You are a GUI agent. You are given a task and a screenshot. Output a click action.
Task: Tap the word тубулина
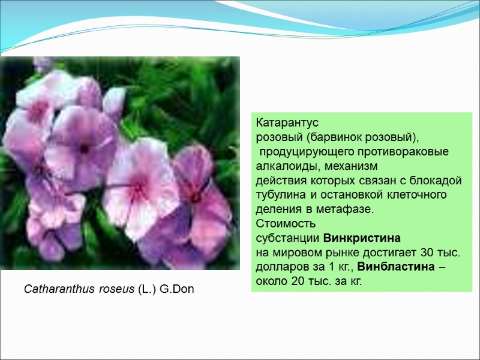pyautogui.click(x=279, y=195)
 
